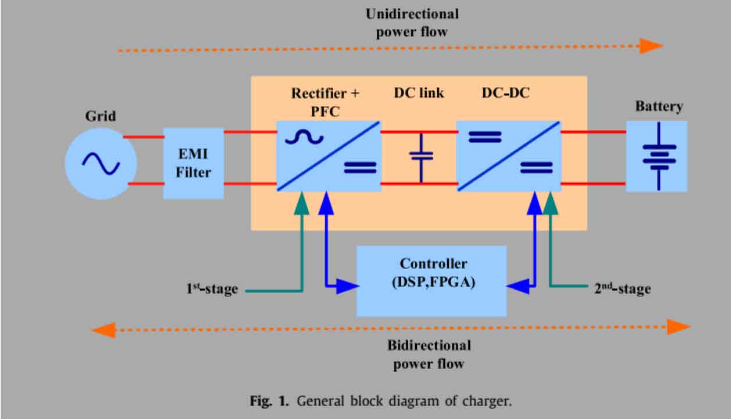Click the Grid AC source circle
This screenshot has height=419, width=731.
101,163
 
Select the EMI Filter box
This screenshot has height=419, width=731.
193,163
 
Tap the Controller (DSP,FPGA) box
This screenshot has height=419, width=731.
431,281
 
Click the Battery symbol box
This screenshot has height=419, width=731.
657,156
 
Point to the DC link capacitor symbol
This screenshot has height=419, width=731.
421,156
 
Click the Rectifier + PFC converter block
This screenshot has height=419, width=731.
328,156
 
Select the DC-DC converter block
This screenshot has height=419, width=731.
508,156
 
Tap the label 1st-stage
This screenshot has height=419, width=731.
212,288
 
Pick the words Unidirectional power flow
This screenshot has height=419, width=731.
412,23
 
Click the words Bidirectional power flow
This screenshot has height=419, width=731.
429,354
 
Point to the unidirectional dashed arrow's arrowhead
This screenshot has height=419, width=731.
651,46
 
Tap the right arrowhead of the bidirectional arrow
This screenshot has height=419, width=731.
678,327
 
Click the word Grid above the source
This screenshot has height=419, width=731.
101,116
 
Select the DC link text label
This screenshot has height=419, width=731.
419,93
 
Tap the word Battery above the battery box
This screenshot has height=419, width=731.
659,107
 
